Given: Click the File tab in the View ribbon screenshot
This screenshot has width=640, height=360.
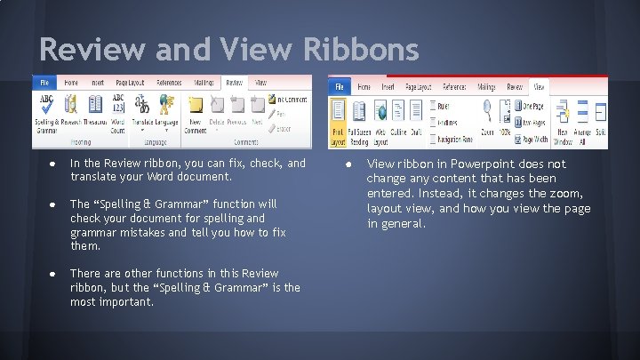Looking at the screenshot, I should click(340, 87).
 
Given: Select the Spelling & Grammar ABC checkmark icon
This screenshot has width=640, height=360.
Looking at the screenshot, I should click(45, 105).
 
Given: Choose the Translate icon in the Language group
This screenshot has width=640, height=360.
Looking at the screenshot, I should click(142, 104).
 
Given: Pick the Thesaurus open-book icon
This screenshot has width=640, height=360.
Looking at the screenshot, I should click(96, 105).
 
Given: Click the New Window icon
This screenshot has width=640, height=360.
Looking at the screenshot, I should click(563, 113).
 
